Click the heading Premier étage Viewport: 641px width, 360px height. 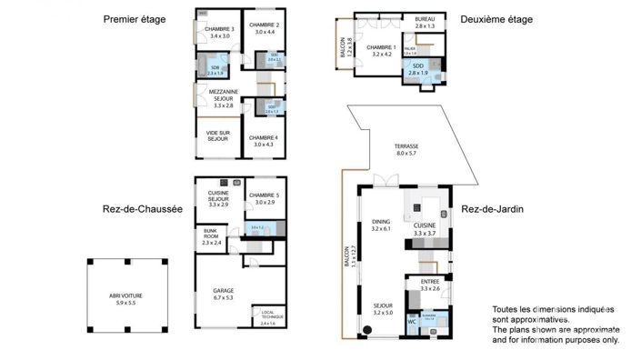click(134, 19)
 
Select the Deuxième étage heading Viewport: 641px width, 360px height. click(496, 19)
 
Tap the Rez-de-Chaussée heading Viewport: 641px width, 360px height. click(143, 209)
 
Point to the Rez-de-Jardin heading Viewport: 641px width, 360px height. click(493, 209)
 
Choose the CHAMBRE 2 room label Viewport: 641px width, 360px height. click(265, 28)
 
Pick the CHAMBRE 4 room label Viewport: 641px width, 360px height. click(265, 140)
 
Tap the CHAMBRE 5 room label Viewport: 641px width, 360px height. click(265, 198)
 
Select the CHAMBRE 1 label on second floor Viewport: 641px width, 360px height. click(381, 50)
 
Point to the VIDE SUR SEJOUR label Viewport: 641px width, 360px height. click(217, 135)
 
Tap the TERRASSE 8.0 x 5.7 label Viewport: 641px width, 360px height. click(406, 149)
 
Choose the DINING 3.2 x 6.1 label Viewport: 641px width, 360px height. click(380, 225)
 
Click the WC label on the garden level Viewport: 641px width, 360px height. click(411, 321)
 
